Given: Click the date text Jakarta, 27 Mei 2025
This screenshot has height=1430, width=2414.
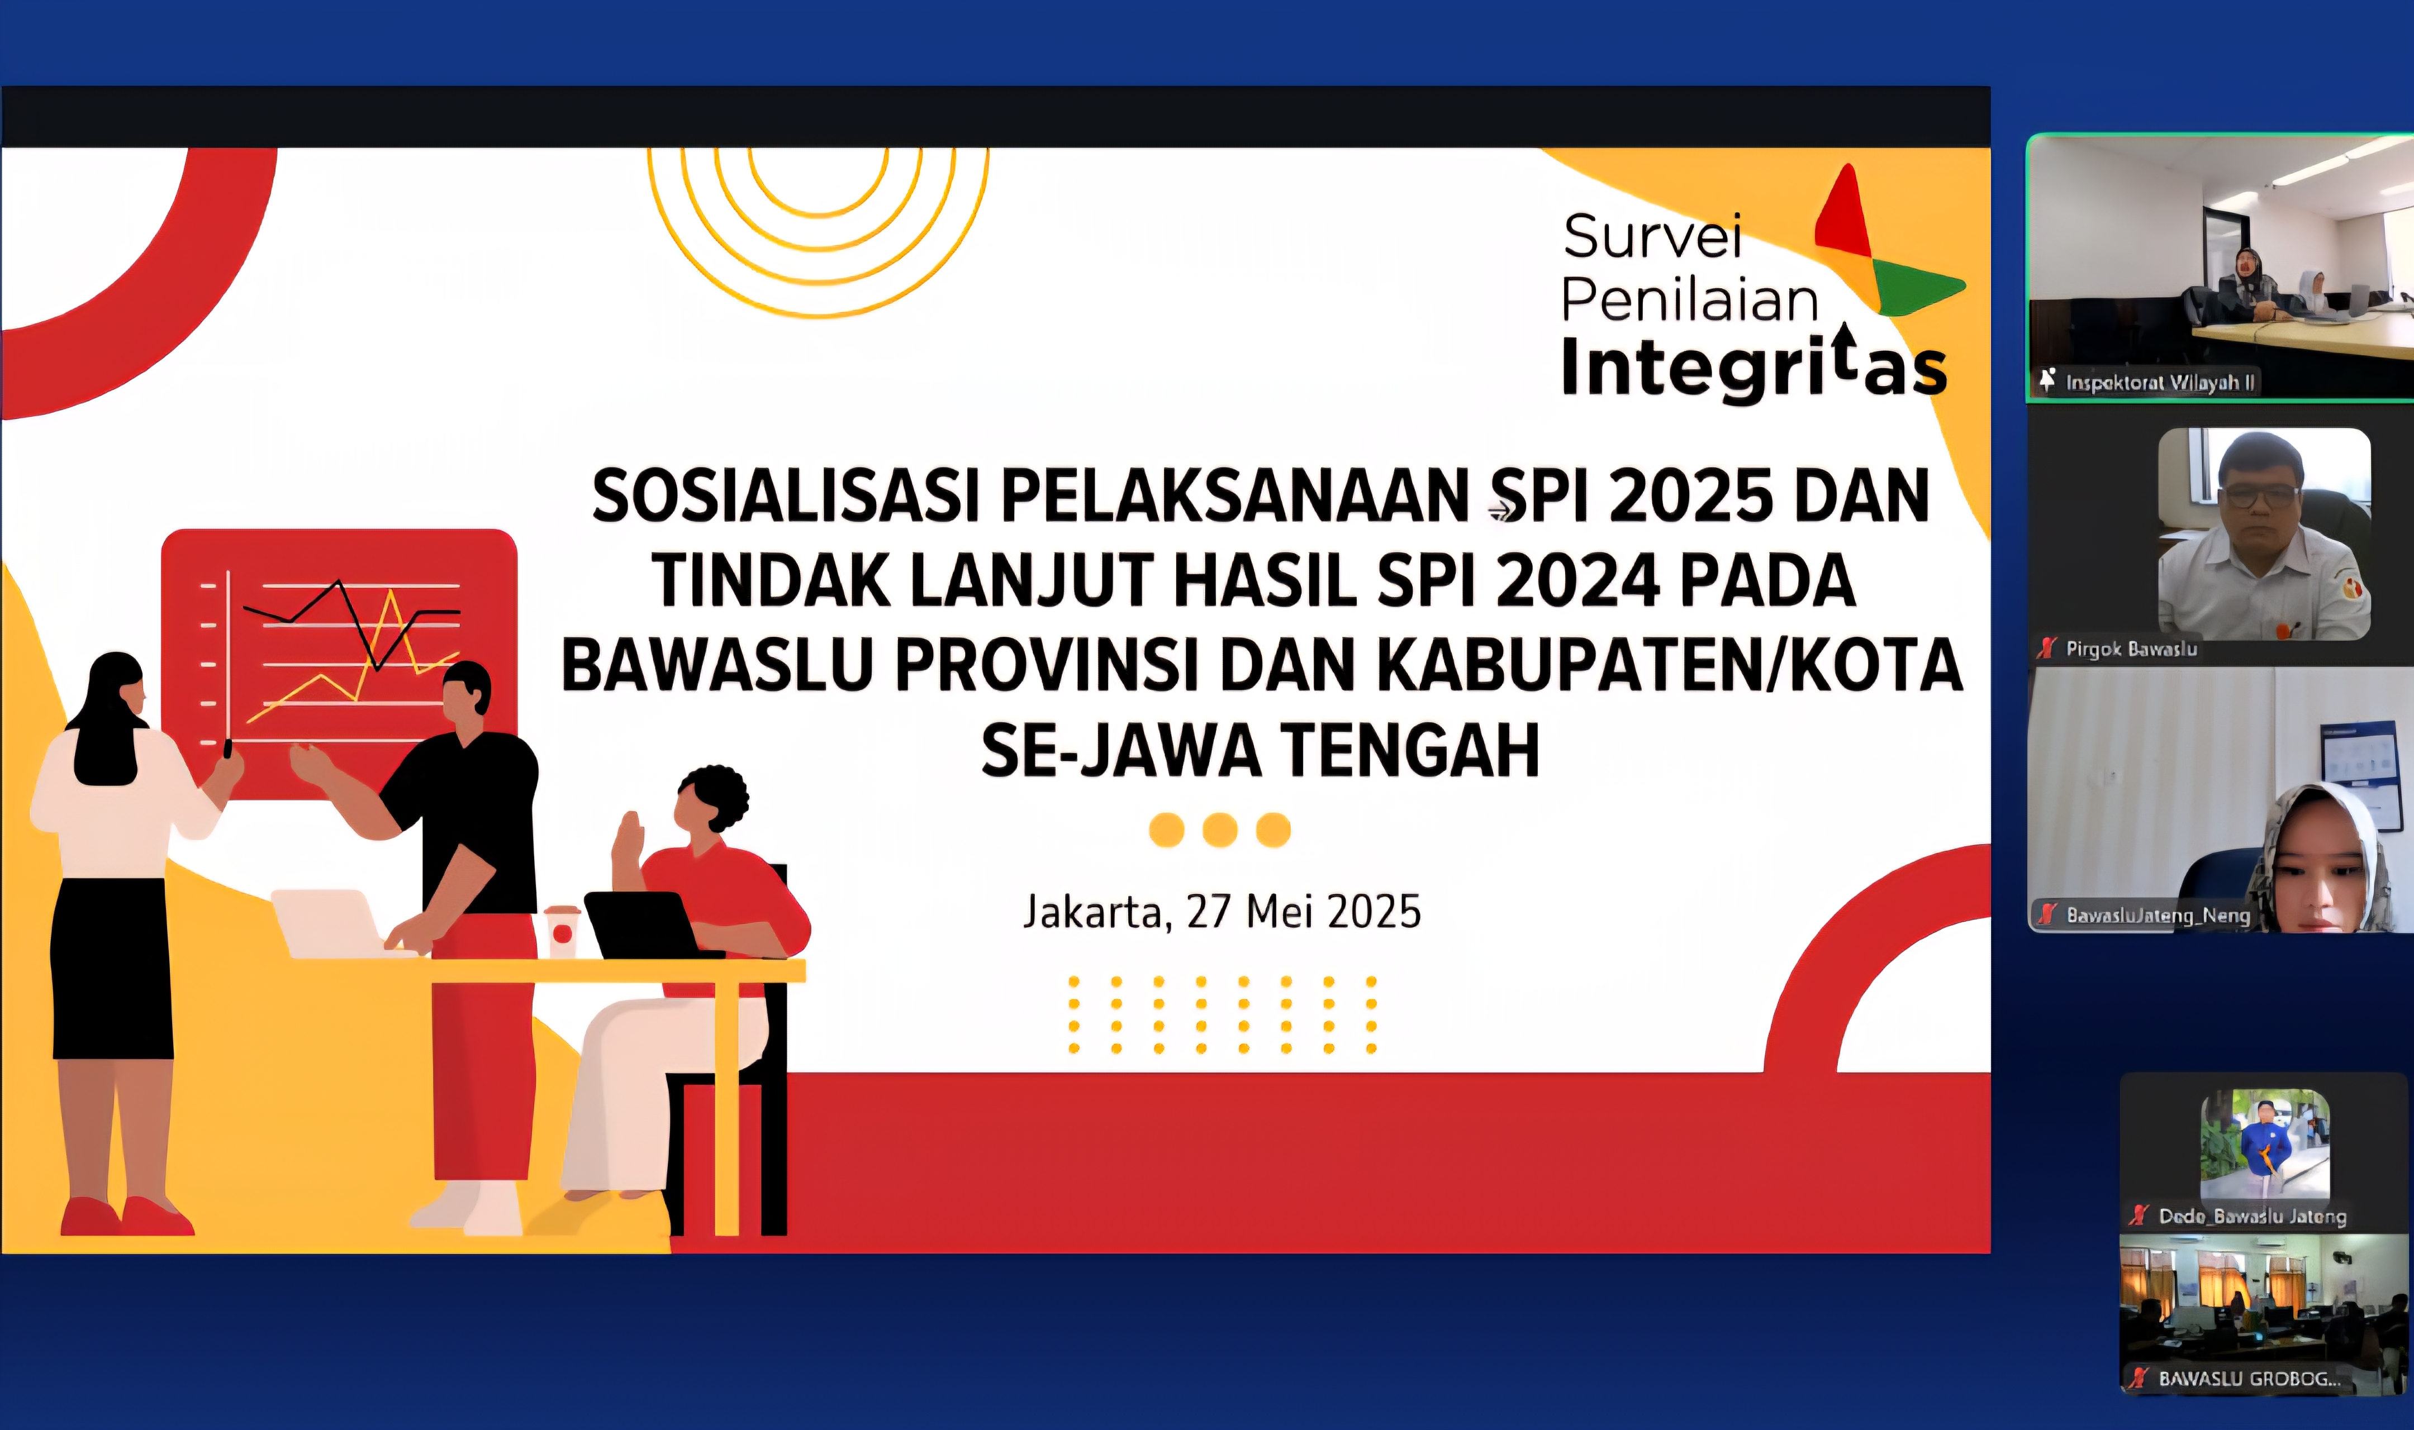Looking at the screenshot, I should [1221, 912].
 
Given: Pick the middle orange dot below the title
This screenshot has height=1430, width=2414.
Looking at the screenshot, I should [1219, 830].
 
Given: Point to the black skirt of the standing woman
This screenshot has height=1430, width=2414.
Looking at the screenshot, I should [111, 969].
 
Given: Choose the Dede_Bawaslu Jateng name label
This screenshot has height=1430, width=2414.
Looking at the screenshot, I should [2251, 1216].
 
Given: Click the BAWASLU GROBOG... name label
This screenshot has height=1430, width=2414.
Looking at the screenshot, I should [2247, 1379].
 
